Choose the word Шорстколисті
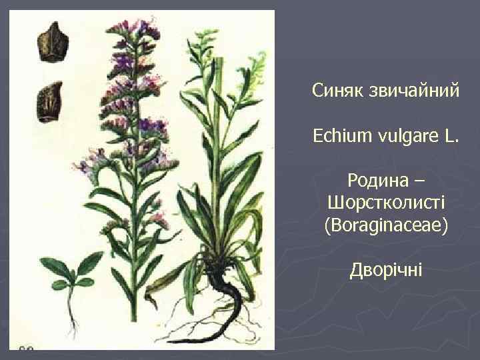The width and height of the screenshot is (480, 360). click(387, 203)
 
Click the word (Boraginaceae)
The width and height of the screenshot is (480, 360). click(387, 226)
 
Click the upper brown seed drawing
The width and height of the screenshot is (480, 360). click(49, 42)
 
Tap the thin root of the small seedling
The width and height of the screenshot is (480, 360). click(69, 313)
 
